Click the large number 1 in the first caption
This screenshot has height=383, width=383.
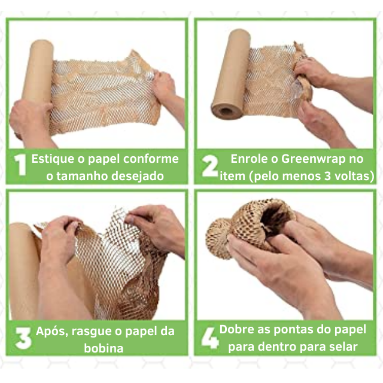20,165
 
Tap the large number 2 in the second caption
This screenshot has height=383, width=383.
209,166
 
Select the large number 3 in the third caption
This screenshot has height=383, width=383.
23,338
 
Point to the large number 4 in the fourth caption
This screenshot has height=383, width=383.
210,338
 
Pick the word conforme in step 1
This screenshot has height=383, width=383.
151,159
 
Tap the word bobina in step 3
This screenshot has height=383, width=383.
104,348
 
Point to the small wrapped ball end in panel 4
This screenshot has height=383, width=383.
218,238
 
